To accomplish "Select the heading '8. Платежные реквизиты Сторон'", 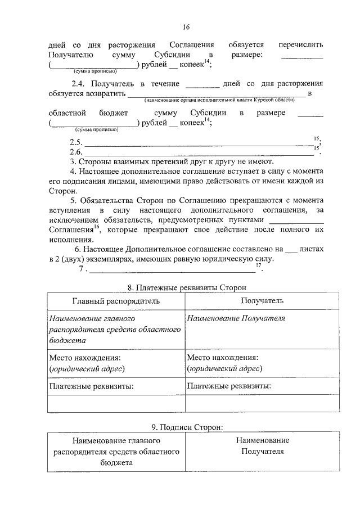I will (186, 287).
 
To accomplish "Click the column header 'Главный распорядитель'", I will (116, 301).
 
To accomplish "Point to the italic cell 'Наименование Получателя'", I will (236, 318).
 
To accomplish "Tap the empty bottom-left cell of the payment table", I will (116, 404).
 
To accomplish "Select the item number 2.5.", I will (76, 142).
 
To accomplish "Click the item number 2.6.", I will (76, 152).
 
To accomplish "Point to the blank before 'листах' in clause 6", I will (290, 249).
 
